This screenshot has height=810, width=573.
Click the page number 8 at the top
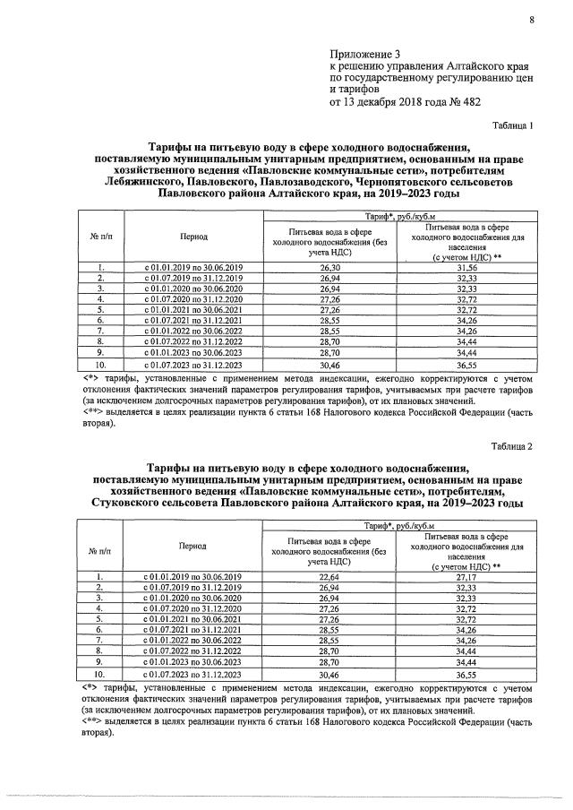[531, 12]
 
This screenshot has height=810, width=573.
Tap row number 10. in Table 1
[102, 366]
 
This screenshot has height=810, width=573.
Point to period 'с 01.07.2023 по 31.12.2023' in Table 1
[193, 366]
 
